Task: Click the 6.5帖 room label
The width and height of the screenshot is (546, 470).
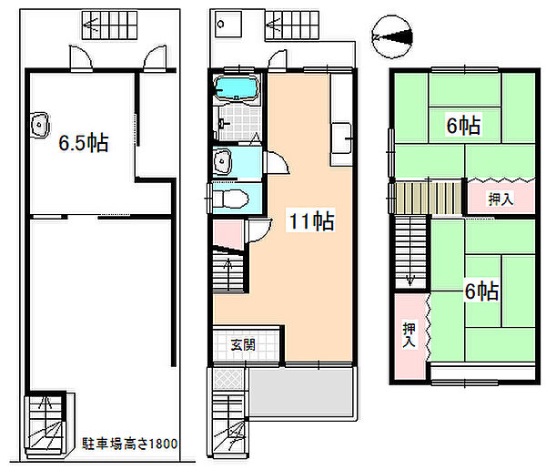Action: [x=84, y=143]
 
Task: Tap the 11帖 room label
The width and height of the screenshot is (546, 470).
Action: [x=311, y=220]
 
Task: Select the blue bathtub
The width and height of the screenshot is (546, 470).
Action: [x=236, y=87]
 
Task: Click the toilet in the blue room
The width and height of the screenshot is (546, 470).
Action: [x=230, y=199]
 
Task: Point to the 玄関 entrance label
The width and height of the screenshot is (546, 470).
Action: [x=243, y=345]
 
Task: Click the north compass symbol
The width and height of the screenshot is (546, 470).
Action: [x=391, y=36]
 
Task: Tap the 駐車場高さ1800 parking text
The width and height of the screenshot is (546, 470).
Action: [x=129, y=444]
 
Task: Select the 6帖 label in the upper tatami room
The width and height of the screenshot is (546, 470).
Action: [x=463, y=126]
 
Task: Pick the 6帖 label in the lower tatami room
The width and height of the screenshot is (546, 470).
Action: [x=482, y=291]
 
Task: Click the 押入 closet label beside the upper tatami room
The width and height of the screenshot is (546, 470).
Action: [x=500, y=199]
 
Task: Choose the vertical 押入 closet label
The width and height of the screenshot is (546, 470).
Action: [x=409, y=334]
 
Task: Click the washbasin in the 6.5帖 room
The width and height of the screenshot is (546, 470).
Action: [x=39, y=125]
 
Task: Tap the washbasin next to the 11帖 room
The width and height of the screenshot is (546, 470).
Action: [x=223, y=161]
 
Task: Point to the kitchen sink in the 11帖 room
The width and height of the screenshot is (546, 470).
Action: [x=341, y=138]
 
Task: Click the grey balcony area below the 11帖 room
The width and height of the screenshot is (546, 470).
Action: [x=301, y=392]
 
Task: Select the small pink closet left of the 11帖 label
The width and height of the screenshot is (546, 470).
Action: [x=228, y=233]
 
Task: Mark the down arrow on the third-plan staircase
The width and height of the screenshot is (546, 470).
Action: [x=411, y=279]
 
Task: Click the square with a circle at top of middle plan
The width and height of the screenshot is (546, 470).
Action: [x=228, y=24]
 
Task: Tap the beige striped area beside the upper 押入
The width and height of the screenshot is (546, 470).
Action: [x=429, y=198]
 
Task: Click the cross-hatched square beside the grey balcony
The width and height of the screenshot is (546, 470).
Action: [x=228, y=379]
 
